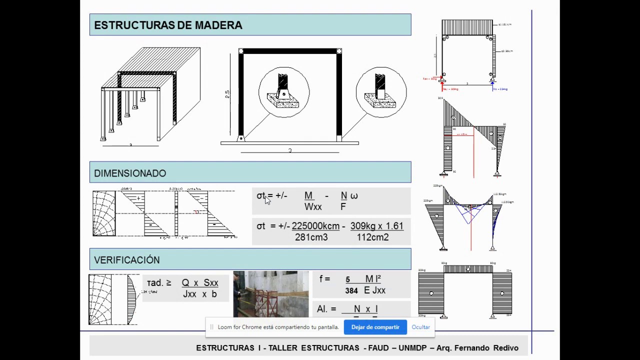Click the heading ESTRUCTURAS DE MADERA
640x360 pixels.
click(x=168, y=25)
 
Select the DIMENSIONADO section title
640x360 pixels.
click(x=130, y=173)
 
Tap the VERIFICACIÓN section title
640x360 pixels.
click(x=127, y=260)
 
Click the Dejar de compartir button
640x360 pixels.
click(x=375, y=327)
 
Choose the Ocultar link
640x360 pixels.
click(x=420, y=327)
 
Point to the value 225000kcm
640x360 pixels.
click(x=315, y=226)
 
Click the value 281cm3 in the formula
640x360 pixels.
click(x=311, y=237)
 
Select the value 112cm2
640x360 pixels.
click(x=372, y=237)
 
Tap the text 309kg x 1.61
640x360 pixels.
click(x=376, y=226)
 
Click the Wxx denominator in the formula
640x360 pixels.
click(x=313, y=207)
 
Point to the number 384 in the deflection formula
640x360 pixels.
click(x=351, y=290)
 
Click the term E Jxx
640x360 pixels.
click(x=374, y=290)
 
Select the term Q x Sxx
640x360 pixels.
click(x=199, y=283)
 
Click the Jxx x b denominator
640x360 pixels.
click(x=199, y=294)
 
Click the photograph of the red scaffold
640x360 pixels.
click(x=270, y=294)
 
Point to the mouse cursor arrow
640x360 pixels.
click(x=267, y=200)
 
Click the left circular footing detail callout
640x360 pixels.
click(x=283, y=92)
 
